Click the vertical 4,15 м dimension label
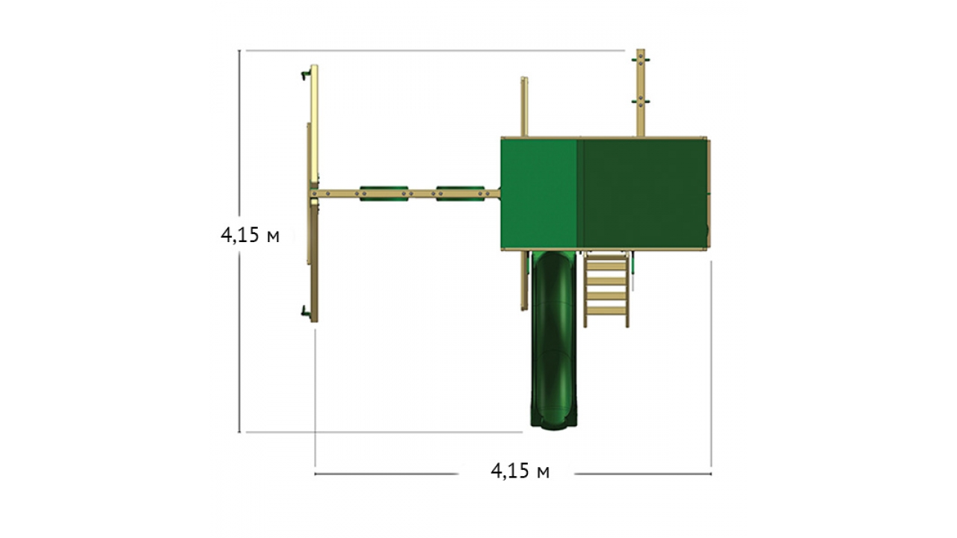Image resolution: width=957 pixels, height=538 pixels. [x=250, y=235]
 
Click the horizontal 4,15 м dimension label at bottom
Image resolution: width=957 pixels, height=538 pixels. [x=520, y=471]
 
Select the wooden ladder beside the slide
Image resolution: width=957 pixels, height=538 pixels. [x=606, y=289]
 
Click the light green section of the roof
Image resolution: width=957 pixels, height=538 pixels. [x=539, y=194]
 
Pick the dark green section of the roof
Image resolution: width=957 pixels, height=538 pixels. [x=642, y=194]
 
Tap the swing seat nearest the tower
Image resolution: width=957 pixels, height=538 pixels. [x=460, y=194]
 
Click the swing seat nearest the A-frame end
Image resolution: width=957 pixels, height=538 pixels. [x=384, y=194]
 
